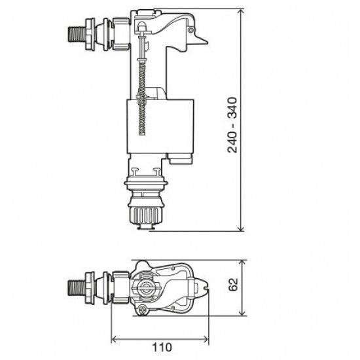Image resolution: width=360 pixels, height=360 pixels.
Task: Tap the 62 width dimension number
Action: pos(234,286)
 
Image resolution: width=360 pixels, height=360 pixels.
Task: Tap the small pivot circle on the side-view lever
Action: pos(190,29)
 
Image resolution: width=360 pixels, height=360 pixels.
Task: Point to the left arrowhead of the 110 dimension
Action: pos(115,339)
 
